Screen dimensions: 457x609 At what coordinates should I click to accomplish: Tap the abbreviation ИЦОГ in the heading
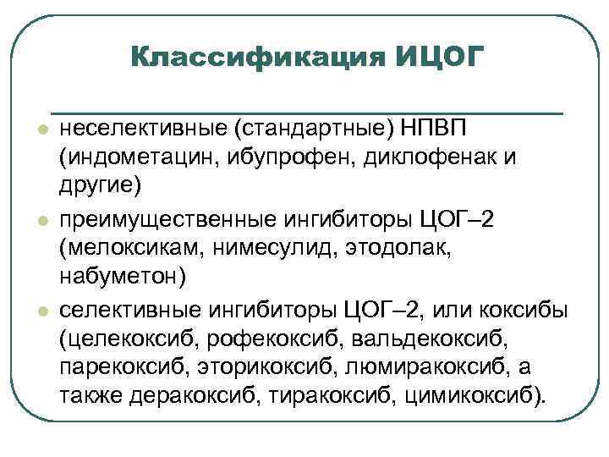pos(440,58)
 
